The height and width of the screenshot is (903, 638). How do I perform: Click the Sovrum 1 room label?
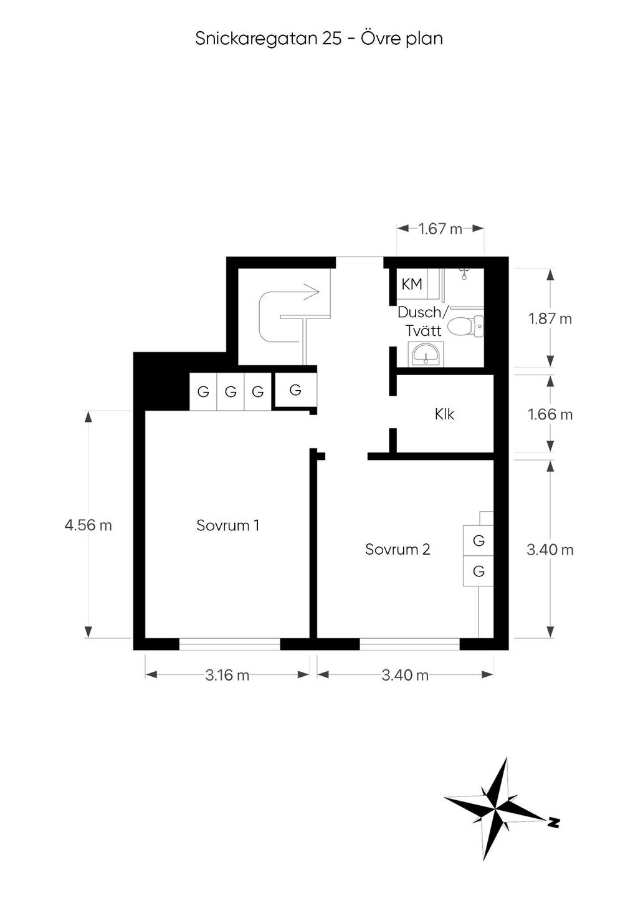(x=227, y=525)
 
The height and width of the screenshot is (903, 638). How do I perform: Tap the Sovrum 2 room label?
(x=398, y=549)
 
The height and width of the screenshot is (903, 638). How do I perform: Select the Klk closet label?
(x=445, y=414)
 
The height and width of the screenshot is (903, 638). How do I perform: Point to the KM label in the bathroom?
(x=412, y=284)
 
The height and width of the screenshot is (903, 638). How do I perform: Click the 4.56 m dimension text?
(x=88, y=525)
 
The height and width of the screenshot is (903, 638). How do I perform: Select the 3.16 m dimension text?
(x=227, y=675)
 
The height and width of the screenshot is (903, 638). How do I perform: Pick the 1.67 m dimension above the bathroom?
(x=440, y=229)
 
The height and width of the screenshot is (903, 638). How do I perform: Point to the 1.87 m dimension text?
(x=550, y=319)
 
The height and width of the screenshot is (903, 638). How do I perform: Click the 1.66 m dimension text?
(x=550, y=414)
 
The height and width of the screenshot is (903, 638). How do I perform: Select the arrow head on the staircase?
(x=312, y=292)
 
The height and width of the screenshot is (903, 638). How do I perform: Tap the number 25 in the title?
(x=331, y=39)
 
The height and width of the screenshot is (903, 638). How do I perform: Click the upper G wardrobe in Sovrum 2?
(x=478, y=540)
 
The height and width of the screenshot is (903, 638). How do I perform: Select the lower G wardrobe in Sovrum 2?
(x=478, y=571)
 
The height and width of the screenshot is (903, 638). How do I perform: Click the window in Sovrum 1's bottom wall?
(x=229, y=644)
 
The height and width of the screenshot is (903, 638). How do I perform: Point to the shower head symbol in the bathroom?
(x=464, y=274)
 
